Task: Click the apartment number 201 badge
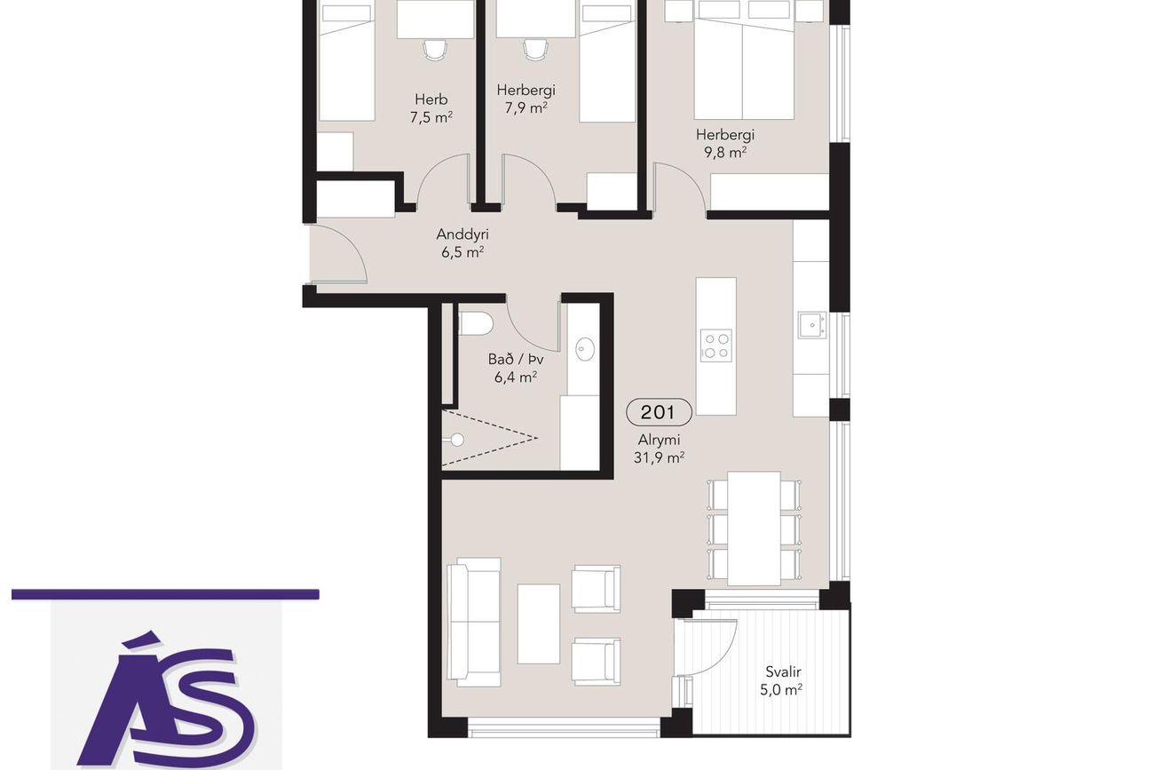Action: pos(659,412)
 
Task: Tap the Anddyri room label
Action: pos(462,234)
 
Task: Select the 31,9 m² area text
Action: pos(659,457)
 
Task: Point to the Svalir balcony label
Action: pos(783,671)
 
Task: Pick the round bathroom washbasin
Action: pos(585,349)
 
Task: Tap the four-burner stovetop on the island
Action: pos(716,345)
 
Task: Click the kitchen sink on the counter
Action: pos(812,325)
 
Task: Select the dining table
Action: pos(754,528)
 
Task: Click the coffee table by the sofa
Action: pos(538,624)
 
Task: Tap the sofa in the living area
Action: pos(473,622)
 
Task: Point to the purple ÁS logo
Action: pos(166,698)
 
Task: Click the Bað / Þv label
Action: pos(516,359)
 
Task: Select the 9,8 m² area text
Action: pos(725,153)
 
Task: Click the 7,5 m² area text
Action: pos(431,117)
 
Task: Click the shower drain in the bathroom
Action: pos(456,440)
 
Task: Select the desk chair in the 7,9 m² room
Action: pos(535,50)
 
